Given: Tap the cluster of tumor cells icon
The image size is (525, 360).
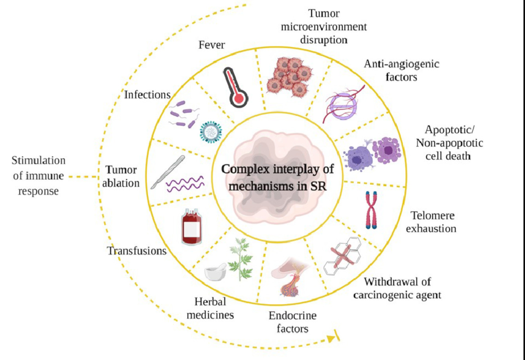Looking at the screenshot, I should coord(290,76).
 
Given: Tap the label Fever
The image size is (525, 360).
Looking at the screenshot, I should coord(212,45).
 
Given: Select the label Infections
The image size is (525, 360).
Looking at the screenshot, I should coord(147,95).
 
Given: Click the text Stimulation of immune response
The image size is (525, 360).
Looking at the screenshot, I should coord(38,176).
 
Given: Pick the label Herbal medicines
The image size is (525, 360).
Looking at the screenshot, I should coord(213,308).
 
